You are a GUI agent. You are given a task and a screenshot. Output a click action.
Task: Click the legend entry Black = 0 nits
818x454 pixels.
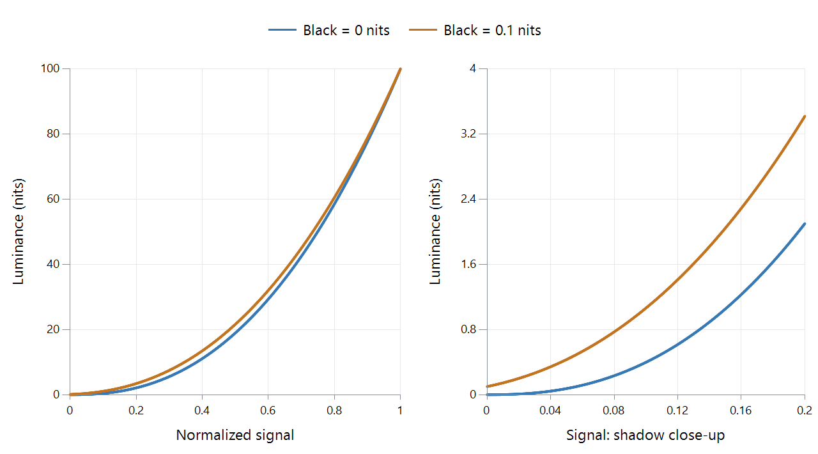point(328,30)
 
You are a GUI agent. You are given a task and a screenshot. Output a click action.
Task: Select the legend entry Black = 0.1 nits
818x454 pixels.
point(475,30)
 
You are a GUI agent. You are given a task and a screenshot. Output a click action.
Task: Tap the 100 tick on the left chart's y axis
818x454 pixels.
point(50,68)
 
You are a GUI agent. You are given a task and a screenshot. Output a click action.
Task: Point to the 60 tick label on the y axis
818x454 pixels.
point(53,199)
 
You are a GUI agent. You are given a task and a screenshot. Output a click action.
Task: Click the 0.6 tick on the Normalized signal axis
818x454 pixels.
point(268,411)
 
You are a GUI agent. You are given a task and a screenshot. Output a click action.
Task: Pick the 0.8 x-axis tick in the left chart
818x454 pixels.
point(334,411)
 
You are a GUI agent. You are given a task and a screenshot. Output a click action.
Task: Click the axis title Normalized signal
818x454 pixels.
point(235,435)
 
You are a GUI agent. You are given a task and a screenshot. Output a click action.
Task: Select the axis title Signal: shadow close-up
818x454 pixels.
point(645,435)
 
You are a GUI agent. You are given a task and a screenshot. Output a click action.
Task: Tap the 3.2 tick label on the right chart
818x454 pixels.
point(468,134)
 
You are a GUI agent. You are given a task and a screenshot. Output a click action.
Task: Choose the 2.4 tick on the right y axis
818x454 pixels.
point(468,199)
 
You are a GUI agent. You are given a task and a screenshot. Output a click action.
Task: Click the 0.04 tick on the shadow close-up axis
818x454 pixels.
point(550,411)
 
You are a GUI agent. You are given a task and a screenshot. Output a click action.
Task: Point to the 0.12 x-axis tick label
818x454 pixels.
point(677,411)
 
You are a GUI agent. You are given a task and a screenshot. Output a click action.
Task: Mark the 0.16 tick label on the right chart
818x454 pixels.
point(741,411)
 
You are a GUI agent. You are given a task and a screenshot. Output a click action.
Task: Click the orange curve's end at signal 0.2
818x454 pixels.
point(805,116)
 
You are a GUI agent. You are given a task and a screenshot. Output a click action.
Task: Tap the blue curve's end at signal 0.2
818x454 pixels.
point(805,224)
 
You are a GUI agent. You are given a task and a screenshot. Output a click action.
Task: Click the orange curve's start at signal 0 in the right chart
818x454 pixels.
point(487,386)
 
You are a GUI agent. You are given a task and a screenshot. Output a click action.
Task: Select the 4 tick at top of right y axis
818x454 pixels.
point(473,68)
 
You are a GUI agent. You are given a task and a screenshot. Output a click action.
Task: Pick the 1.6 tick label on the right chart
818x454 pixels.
point(468,264)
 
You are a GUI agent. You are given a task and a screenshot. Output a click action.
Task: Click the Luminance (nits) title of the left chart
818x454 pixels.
point(19,231)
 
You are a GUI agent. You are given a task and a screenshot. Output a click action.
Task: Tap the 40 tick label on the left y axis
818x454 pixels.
point(53,264)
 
